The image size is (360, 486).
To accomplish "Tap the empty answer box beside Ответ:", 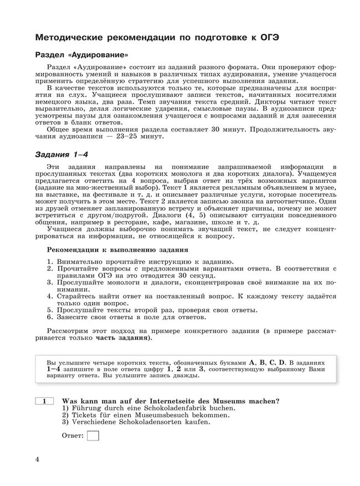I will (x=93, y=436).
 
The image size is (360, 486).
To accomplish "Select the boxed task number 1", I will (x=44, y=401).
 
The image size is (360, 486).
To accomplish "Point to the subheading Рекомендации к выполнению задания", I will (x=117, y=250).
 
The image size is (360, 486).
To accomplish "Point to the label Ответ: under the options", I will (x=73, y=437).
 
